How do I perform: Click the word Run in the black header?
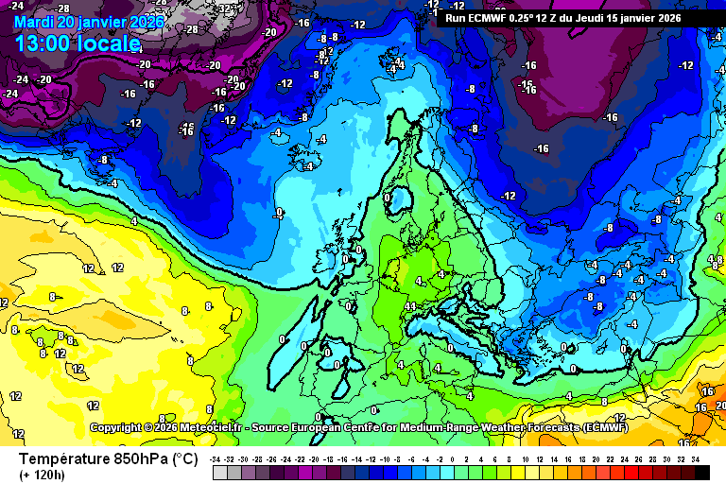(457, 17)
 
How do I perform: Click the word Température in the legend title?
(66, 459)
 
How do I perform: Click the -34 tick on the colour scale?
(216, 458)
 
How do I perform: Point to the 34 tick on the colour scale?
(695, 458)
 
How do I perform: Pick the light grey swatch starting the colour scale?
(219, 472)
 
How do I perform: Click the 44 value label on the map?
(410, 306)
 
